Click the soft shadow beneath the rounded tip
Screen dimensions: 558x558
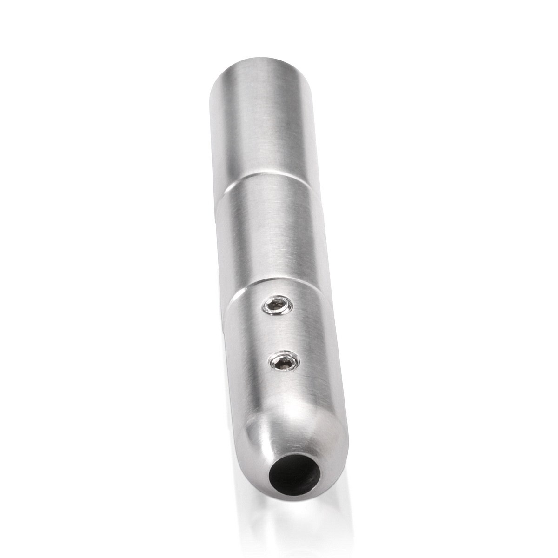[298, 516]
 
